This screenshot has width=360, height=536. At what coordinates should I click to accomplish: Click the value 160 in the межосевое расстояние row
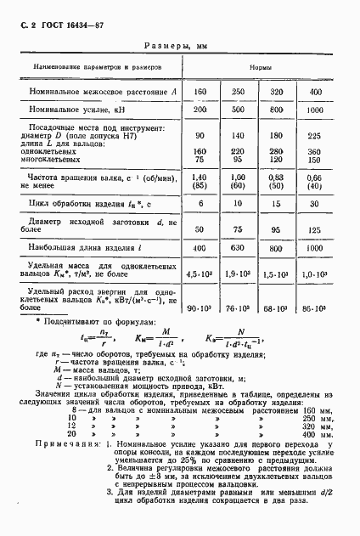point(201,91)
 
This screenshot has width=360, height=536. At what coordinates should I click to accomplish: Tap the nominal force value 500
point(239,110)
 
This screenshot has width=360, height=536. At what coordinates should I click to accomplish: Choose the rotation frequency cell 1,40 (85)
point(201,182)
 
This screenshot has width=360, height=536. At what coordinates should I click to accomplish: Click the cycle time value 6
point(201,205)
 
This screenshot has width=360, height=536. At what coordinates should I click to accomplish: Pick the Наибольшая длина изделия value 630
point(239,250)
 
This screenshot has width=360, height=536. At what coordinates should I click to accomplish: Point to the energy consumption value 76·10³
point(239,305)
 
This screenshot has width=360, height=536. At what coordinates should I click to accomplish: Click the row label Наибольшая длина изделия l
point(87,249)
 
